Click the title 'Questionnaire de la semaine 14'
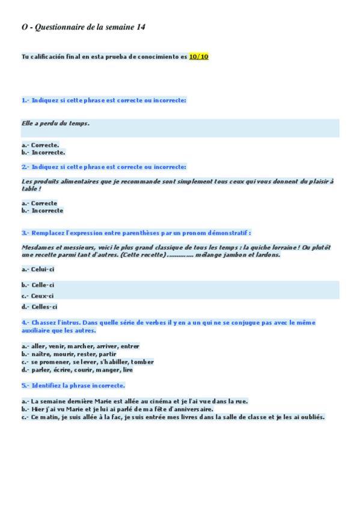click(90, 27)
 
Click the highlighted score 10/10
click(199, 57)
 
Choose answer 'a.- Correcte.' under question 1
click(40, 144)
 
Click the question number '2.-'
click(25, 167)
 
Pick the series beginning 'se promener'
click(92, 362)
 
